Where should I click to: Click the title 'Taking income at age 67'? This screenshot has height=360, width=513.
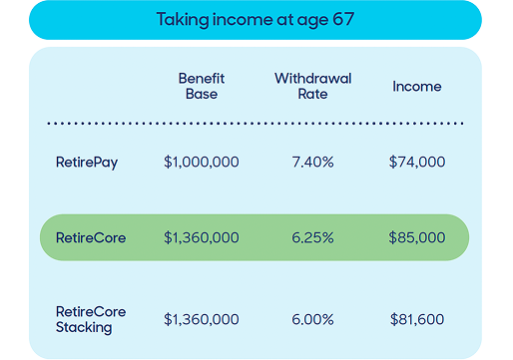(256, 19)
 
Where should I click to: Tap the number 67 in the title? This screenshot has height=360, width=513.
(344, 19)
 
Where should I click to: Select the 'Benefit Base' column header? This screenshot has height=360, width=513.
(201, 86)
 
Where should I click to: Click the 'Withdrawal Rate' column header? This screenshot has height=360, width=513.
(312, 86)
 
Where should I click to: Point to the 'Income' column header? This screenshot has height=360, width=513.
(416, 87)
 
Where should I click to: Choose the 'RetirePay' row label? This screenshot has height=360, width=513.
(86, 161)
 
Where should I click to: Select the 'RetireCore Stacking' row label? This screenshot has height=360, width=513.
(88, 319)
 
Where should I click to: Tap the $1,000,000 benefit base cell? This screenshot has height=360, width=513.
(201, 161)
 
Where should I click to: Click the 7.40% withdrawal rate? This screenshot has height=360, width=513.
(312, 161)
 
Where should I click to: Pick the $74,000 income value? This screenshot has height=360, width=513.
(417, 161)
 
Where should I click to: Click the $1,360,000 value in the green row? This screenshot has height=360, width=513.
(201, 238)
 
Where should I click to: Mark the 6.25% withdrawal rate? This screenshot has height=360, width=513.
(312, 238)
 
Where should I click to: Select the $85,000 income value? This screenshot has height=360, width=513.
(417, 238)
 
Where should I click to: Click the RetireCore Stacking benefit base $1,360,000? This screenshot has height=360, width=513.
(201, 319)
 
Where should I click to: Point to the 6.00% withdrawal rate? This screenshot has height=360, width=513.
(312, 319)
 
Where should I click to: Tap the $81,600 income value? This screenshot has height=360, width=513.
(417, 319)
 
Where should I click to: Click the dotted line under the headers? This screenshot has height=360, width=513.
(256, 124)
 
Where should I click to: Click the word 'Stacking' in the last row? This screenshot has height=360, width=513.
(83, 327)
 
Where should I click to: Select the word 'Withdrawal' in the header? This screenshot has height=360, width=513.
(312, 78)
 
